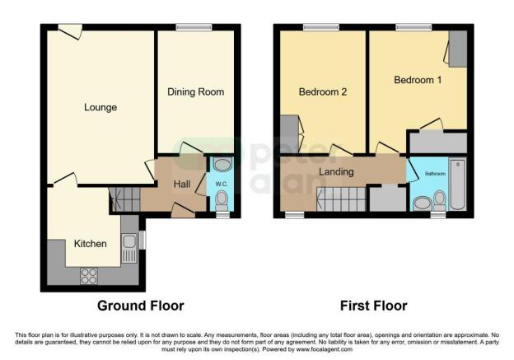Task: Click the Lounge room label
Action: pyautogui.click(x=100, y=107)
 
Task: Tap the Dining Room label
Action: pyautogui.click(x=195, y=91)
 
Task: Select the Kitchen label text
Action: pyautogui.click(x=91, y=244)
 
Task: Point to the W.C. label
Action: pyautogui.click(x=221, y=183)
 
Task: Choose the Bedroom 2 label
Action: pyautogui.click(x=322, y=91)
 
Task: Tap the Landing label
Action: pyautogui.click(x=336, y=172)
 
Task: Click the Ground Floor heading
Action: pyautogui.click(x=141, y=306)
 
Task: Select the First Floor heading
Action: pyautogui.click(x=374, y=306)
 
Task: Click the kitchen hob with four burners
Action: pyautogui.click(x=88, y=277)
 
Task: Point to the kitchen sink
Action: pyautogui.click(x=129, y=244)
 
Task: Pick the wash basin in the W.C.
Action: pyautogui.click(x=221, y=164)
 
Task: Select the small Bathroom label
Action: pyautogui.click(x=434, y=174)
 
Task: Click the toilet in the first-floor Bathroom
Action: pyautogui.click(x=439, y=197)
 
